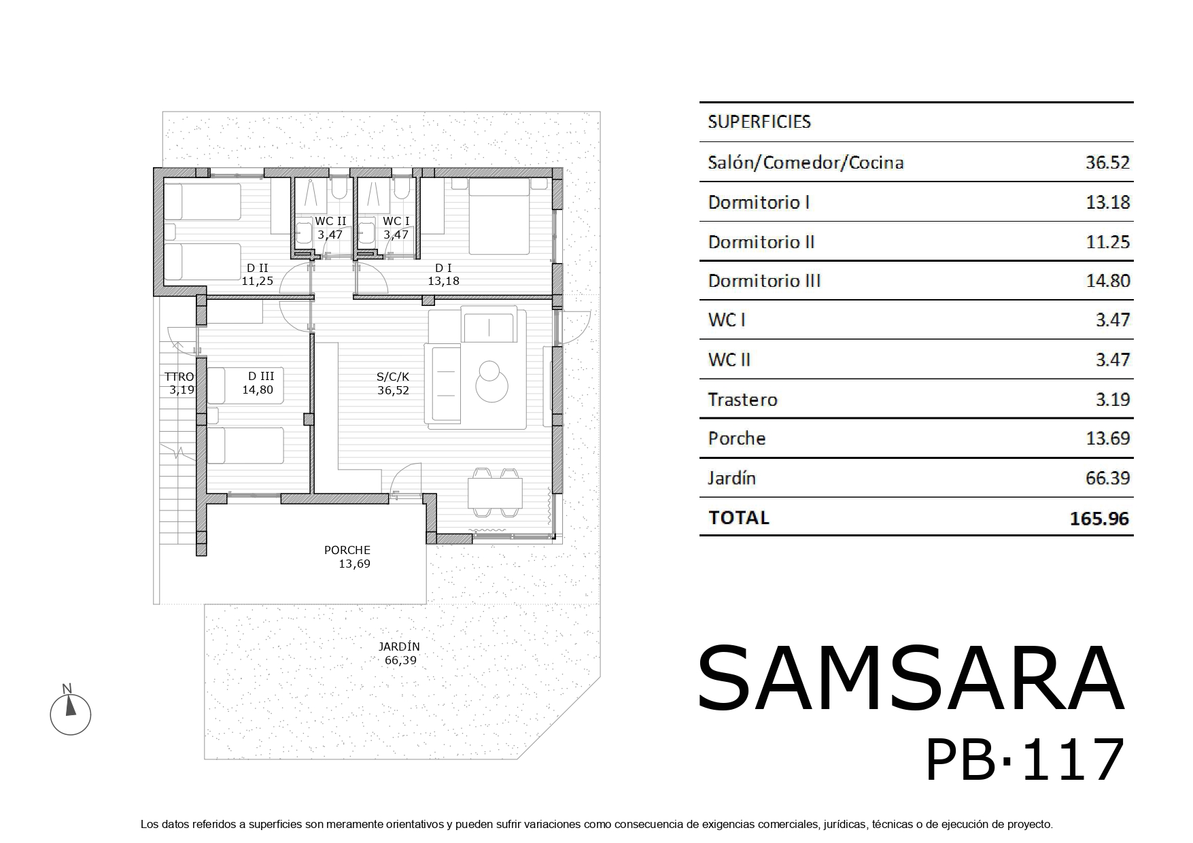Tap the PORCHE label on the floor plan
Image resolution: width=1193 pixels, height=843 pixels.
347,550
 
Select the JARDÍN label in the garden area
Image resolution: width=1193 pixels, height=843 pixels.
400,647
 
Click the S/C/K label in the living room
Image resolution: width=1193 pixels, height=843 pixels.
394,377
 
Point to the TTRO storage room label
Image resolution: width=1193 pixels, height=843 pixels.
179,377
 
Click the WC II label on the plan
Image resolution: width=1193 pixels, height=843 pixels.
330,222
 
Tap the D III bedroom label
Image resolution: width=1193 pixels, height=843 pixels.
261,376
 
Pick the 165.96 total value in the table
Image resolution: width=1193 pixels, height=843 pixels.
1099,519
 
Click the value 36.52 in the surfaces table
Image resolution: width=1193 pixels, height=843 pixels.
1107,162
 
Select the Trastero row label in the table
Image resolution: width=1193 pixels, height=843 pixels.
742,399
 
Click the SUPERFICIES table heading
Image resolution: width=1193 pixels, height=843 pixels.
759,122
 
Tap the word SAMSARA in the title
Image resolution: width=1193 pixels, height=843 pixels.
910,678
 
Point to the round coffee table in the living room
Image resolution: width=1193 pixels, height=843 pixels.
491,383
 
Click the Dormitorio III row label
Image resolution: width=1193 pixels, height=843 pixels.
764,281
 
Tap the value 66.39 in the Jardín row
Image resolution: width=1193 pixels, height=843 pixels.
1107,478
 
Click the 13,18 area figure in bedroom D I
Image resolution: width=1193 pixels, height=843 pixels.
443,280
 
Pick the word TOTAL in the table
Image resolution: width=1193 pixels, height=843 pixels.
739,518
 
